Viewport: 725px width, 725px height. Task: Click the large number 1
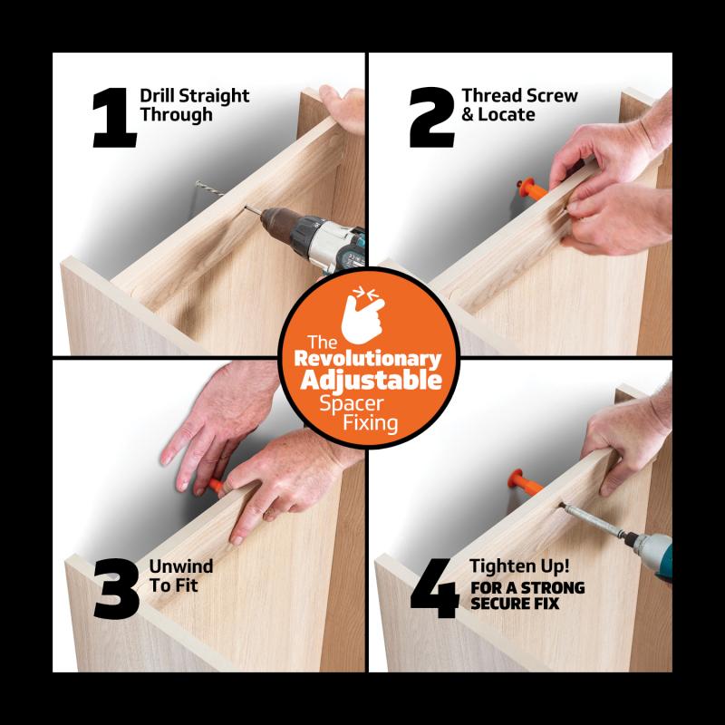point(113,117)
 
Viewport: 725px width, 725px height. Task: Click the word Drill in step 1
point(159,96)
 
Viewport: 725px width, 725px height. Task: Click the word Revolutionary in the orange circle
point(362,359)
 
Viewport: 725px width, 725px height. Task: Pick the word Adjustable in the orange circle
point(362,380)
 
